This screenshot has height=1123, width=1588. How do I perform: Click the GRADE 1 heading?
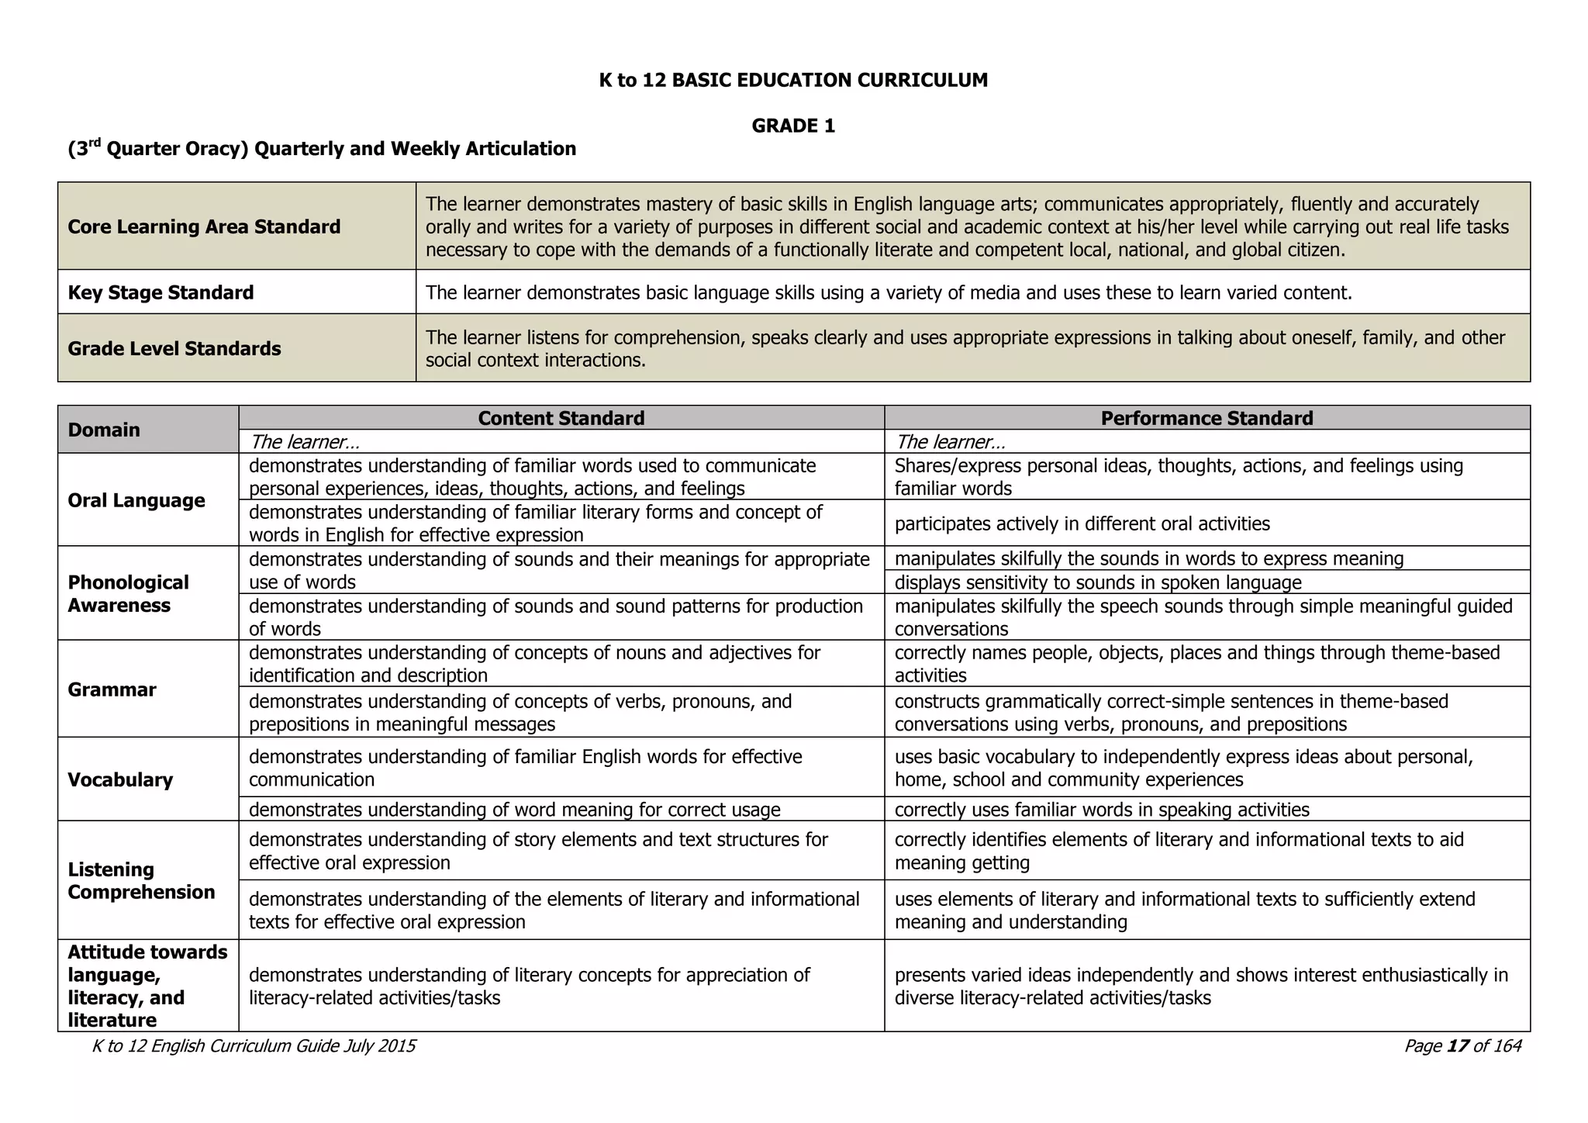point(793,126)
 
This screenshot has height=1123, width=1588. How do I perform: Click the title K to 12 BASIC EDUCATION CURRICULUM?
point(793,80)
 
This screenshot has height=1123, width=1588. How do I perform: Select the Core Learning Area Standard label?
point(204,226)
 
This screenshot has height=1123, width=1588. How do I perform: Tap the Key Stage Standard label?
point(161,292)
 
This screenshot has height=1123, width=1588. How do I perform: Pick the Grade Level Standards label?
point(174,348)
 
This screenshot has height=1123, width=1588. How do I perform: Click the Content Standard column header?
point(561,418)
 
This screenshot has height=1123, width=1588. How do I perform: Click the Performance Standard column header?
point(1207,418)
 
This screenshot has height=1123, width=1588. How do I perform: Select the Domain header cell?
point(104,430)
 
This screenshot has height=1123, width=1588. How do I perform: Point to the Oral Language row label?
point(136,500)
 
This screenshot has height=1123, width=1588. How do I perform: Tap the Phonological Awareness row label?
point(128,593)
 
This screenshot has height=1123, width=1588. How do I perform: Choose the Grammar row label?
point(112,689)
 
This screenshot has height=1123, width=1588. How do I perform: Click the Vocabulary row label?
point(120,779)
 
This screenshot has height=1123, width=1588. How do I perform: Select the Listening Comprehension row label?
point(141,880)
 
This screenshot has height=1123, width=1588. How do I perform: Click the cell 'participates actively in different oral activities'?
point(1082,523)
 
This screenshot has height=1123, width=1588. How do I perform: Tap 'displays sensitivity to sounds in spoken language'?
point(1097,582)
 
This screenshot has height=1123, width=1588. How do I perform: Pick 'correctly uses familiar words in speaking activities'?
point(1101,810)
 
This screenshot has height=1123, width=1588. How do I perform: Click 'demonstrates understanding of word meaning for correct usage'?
point(514,810)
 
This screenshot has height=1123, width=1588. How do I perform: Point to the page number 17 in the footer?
point(1458,1046)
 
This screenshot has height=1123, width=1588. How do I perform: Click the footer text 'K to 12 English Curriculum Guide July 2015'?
point(254,1046)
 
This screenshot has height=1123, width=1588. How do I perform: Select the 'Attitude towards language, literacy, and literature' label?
point(147,986)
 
